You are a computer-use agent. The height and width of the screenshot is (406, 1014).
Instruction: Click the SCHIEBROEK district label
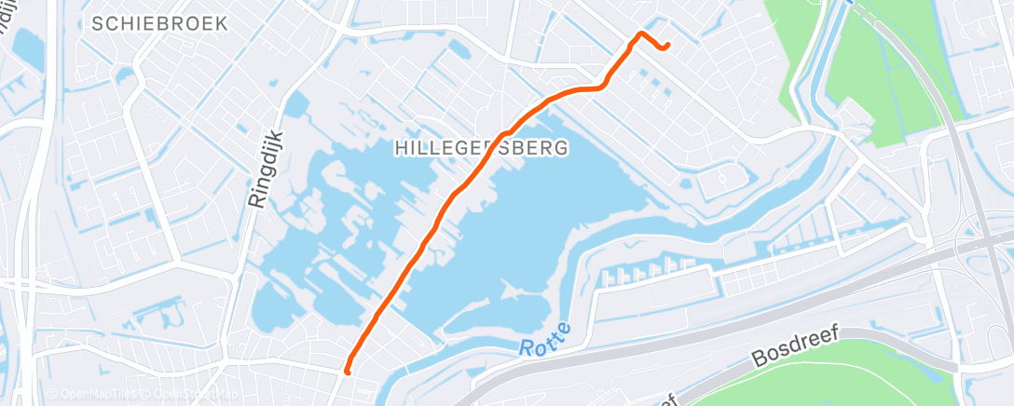click(x=160, y=24)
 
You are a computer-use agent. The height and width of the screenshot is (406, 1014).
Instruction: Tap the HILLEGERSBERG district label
click(x=481, y=148)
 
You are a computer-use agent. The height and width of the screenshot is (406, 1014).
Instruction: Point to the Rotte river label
click(x=541, y=347)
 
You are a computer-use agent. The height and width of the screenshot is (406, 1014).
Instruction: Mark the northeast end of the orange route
click(x=667, y=47)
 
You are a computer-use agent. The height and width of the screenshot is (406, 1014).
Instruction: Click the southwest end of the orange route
click(x=347, y=372)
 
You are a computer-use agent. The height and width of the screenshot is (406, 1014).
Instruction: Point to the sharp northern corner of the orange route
click(x=640, y=34)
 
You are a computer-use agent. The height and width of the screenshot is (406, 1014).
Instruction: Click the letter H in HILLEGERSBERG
click(x=401, y=148)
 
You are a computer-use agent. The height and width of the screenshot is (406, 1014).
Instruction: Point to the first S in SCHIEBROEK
click(x=98, y=24)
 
